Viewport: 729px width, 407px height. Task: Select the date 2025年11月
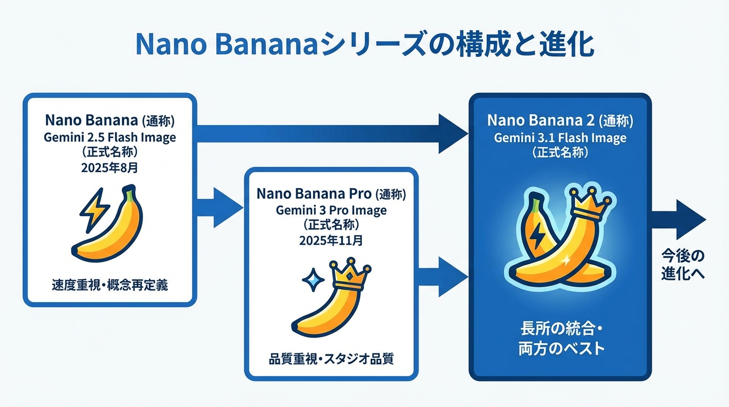pyautogui.click(x=331, y=240)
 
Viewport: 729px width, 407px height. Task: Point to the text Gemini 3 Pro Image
pyautogui.click(x=331, y=210)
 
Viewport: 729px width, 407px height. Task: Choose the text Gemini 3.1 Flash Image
pyautogui.click(x=560, y=138)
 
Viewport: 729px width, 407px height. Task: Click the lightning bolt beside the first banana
pyautogui.click(x=94, y=210)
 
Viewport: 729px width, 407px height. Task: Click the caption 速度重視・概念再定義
pyautogui.click(x=110, y=285)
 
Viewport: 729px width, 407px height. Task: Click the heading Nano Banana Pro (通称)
pyautogui.click(x=331, y=194)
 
